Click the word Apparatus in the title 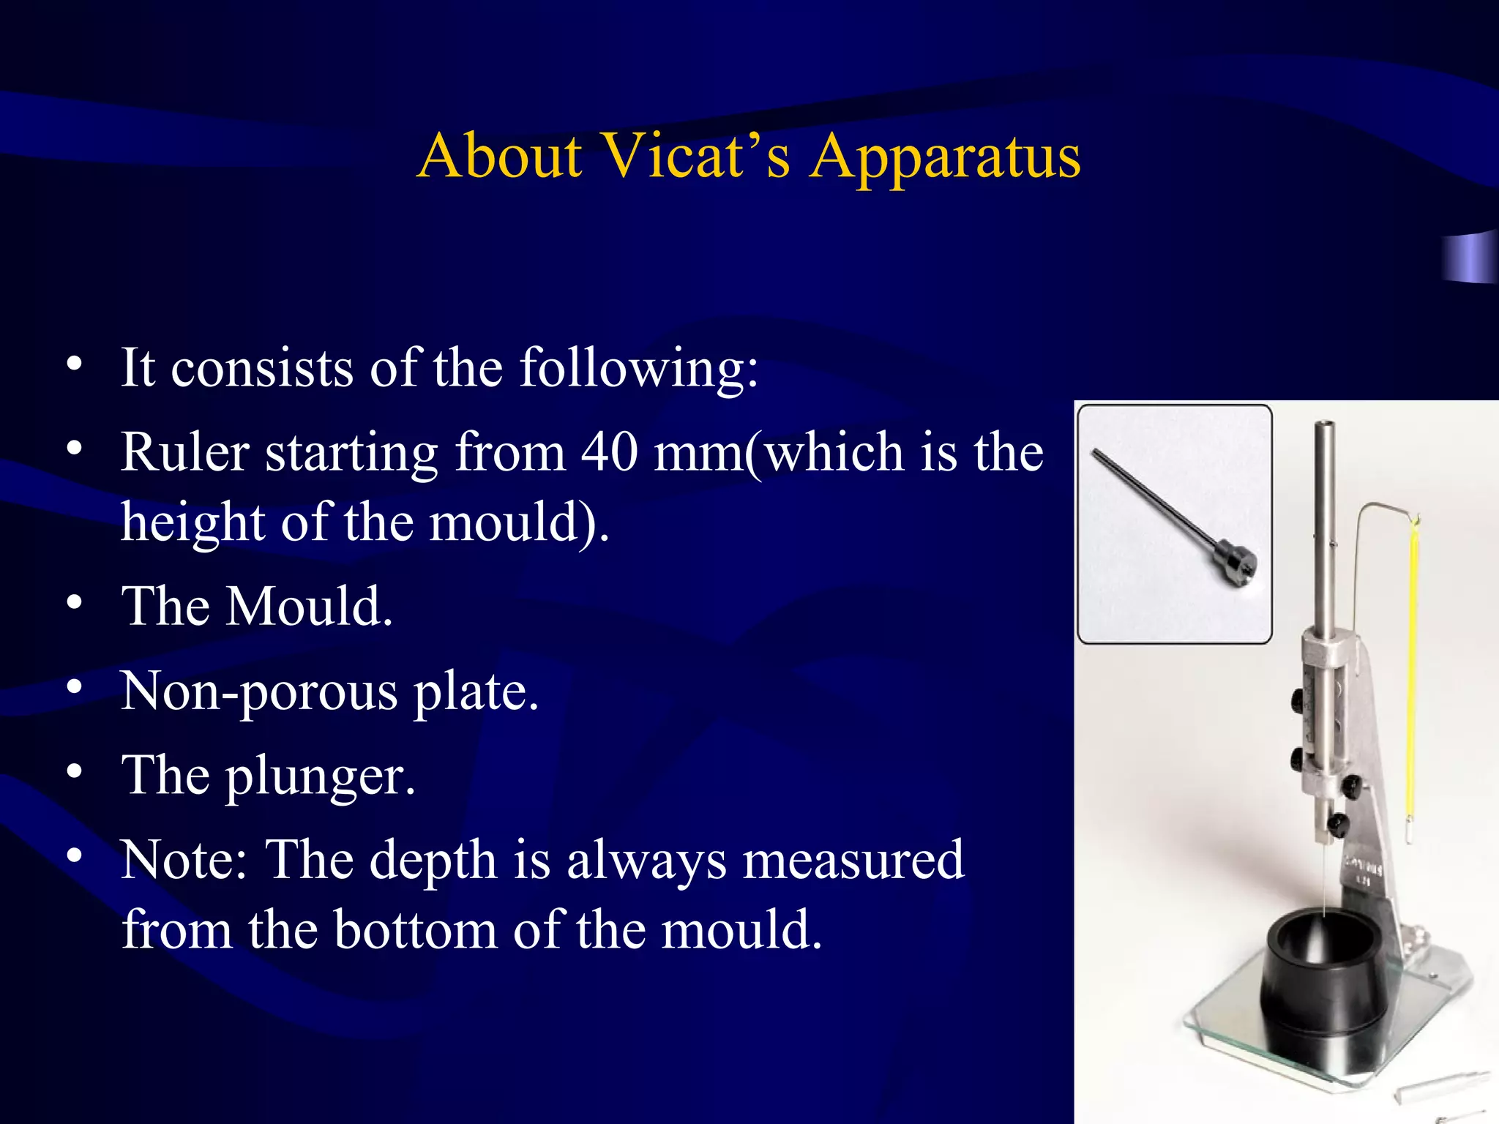click(x=945, y=157)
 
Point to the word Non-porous click(x=260, y=691)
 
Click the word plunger click(x=320, y=777)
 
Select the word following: click(x=638, y=367)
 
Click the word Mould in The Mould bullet click(x=308, y=607)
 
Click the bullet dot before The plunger click(x=74, y=771)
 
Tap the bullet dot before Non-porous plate click(x=74, y=687)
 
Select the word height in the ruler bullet click(x=193, y=522)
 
